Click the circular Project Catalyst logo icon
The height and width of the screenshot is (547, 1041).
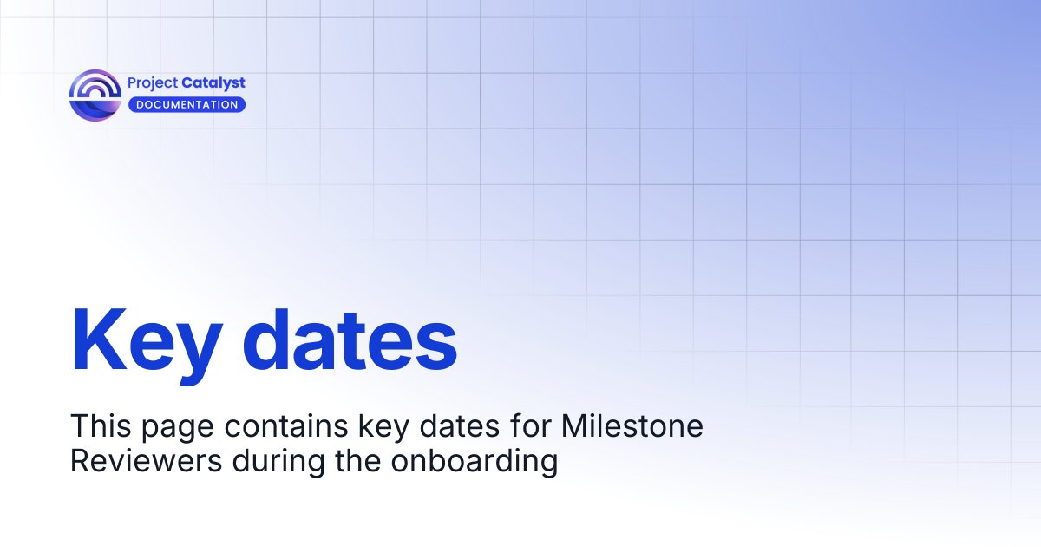95,96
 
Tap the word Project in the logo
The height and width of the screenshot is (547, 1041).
153,83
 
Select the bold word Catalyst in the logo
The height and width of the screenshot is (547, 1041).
213,83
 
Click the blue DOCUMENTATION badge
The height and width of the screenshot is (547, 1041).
187,105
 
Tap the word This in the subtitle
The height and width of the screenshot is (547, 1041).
101,425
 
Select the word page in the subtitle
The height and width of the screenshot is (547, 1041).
178,429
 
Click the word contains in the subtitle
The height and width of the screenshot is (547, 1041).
286,425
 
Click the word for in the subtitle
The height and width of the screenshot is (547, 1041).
530,425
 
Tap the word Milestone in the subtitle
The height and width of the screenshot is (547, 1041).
632,425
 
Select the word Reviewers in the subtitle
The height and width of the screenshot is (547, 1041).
147,461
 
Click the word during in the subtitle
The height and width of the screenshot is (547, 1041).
278,464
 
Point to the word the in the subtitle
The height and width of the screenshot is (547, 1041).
357,461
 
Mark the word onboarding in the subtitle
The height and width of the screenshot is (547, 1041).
474,464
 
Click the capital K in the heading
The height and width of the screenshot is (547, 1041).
100,339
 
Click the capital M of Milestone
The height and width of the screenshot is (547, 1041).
574,425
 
